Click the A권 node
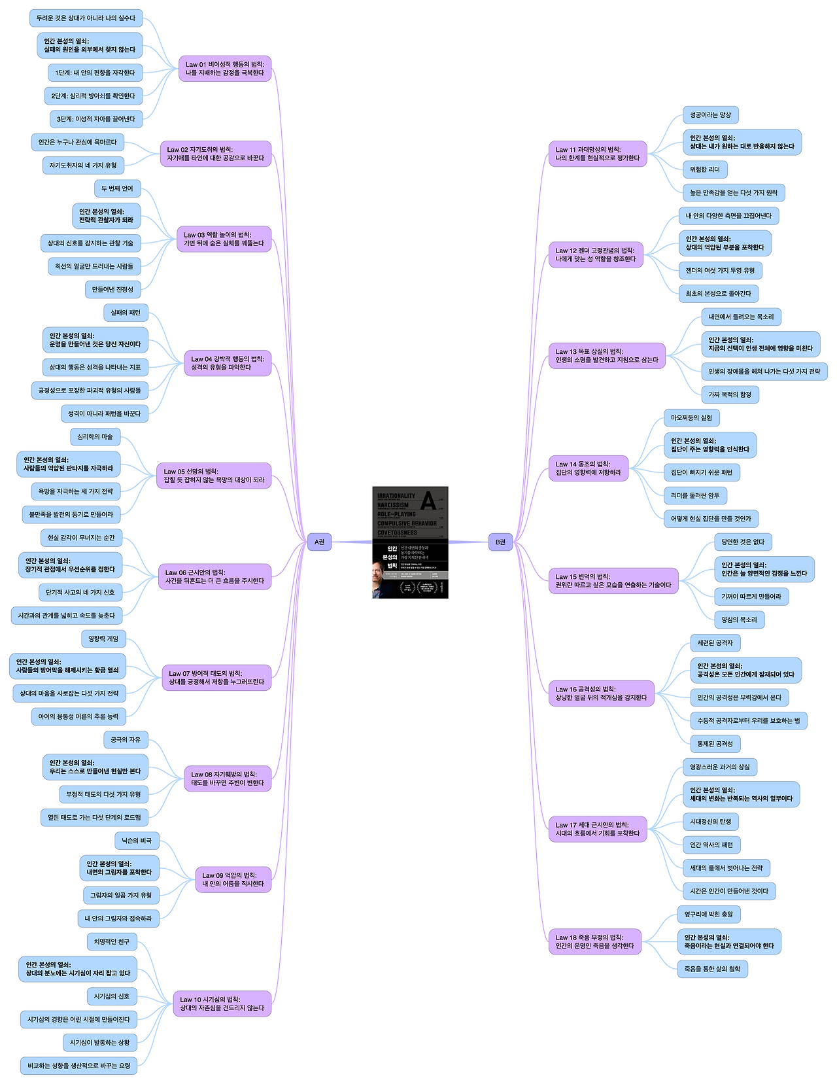pos(319,542)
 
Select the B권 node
pos(500,542)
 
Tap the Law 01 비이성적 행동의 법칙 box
pos(225,69)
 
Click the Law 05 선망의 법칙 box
pos(214,476)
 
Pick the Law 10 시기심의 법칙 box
pos(222,1004)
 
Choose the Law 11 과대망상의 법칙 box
pos(598,154)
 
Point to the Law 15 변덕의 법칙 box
pos(613,581)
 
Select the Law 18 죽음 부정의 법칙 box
pos(594,941)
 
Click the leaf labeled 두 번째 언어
pos(117,188)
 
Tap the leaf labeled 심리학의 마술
pos(95,436)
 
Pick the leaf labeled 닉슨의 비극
pos(137,841)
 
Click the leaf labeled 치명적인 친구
pos(111,941)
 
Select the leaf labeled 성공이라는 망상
pos(710,115)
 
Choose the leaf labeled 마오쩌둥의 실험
pos(691,417)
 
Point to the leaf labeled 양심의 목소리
pos(739,620)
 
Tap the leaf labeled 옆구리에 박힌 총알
pos(709,914)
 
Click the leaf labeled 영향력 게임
pos(103,638)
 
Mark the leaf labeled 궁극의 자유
pos(126,740)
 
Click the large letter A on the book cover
pos(428,500)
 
